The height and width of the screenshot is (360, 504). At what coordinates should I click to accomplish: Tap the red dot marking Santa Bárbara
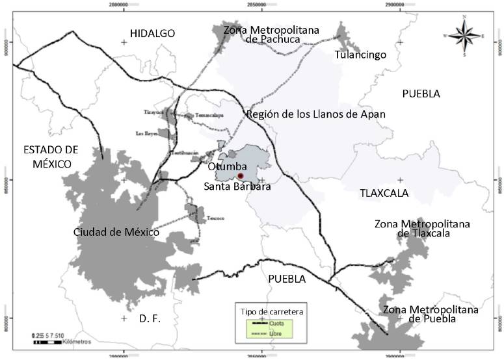[240, 175]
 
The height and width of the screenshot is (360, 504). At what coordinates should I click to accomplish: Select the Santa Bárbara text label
[237, 187]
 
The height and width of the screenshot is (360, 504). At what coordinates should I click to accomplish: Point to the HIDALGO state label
[152, 33]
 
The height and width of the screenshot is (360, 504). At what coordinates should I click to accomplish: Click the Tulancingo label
[360, 55]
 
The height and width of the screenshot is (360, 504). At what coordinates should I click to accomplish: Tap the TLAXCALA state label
[384, 193]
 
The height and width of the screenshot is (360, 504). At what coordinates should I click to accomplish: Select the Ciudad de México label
[116, 232]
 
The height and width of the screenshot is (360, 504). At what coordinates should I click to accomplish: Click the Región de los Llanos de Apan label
[315, 114]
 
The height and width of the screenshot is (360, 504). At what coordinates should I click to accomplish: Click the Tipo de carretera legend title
[272, 311]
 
